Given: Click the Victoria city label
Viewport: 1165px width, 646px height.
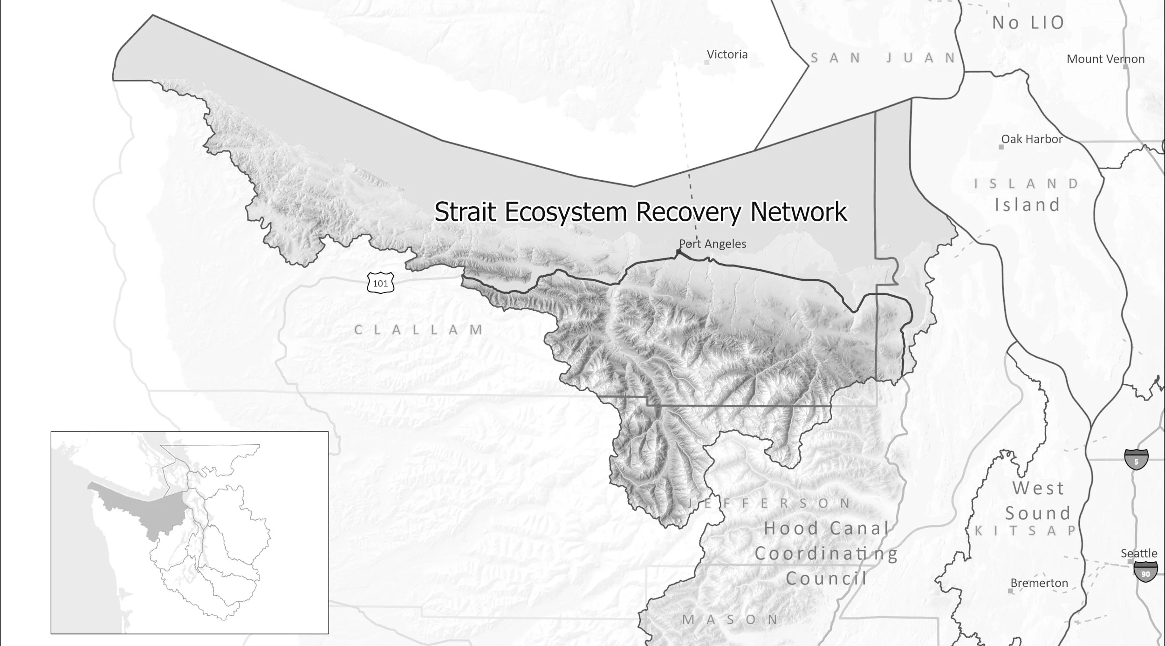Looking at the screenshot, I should tap(727, 54).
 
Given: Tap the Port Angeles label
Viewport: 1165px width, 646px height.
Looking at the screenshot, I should tap(712, 244).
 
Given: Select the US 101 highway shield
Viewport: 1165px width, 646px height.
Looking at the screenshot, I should tap(380, 283).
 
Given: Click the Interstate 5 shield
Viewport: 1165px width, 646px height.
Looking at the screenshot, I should tap(1136, 459).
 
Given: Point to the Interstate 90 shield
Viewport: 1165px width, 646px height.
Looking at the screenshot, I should tap(1145, 571).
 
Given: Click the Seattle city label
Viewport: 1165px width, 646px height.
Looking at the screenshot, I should tap(1138, 553).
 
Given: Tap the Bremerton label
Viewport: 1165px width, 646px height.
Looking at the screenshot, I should tap(1039, 583).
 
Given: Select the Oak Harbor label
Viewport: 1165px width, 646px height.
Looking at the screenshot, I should tap(1032, 139).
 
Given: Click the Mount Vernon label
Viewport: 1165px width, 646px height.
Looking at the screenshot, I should tap(1105, 59).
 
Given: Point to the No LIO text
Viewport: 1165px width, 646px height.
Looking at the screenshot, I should tap(1028, 23).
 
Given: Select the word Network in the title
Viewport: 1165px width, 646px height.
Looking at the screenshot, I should tap(798, 212).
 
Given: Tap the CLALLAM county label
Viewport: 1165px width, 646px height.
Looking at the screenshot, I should tap(418, 330).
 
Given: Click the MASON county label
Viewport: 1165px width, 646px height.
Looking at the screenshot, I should tap(730, 619).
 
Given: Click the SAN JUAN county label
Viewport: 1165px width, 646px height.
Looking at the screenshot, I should tap(883, 58).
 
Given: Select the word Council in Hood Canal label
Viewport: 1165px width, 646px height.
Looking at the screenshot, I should tap(826, 578).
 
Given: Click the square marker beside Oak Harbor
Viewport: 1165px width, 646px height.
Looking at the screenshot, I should tap(1001, 147).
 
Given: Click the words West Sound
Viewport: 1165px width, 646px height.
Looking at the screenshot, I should tap(1038, 501).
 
